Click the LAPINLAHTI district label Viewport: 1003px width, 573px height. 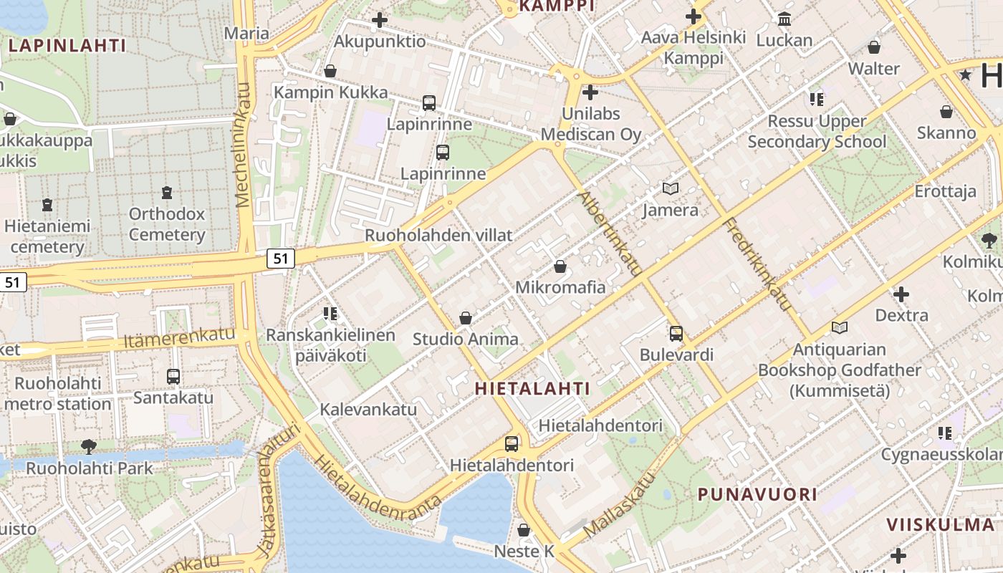[x=67, y=46]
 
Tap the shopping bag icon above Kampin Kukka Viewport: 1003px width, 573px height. [x=330, y=71]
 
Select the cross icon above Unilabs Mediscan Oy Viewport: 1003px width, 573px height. [x=590, y=92]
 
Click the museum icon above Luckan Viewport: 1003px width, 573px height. [x=784, y=19]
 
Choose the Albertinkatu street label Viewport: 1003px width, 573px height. [x=610, y=233]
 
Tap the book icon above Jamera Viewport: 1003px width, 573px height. [x=671, y=189]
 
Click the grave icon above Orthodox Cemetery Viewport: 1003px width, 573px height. [x=167, y=193]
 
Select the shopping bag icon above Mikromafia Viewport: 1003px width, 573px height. [x=560, y=267]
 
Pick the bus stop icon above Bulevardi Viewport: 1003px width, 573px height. [x=676, y=334]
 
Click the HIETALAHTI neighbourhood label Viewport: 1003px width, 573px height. [x=532, y=389]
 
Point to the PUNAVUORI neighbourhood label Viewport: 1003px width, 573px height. [x=757, y=494]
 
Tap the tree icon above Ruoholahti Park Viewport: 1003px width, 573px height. [x=89, y=447]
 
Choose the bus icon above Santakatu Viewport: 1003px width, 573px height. [x=173, y=376]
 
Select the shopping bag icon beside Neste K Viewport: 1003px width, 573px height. [x=524, y=530]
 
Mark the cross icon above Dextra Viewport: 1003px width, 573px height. [x=901, y=294]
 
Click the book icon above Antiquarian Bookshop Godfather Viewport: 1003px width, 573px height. [x=840, y=328]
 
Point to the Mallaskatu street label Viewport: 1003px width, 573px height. [x=620, y=504]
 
